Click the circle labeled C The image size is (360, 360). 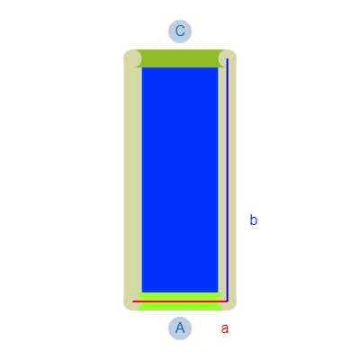click(180, 31)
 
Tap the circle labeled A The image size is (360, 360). click(180, 328)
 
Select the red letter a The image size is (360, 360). click(225, 328)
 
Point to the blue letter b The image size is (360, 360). click(254, 220)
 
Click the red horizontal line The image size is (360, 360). click(180, 301)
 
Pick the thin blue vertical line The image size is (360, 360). click(228, 180)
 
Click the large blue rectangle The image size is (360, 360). click(180, 180)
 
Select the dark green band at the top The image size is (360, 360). click(180, 58)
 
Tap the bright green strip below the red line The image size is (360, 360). click(180, 306)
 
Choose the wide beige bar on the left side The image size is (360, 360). click(133, 180)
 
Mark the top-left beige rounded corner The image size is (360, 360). click(132, 58)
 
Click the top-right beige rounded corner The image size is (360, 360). click(228, 58)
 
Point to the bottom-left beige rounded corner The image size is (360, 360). click(132, 301)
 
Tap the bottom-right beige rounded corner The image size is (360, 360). click(228, 301)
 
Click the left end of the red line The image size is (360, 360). click(133, 301)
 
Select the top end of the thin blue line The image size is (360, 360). click(228, 58)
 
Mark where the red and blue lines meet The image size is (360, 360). click(228, 301)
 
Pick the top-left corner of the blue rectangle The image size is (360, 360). click(142, 67)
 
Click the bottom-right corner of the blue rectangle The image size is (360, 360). click(218, 292)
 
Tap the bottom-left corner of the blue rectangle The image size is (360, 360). click(142, 292)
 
